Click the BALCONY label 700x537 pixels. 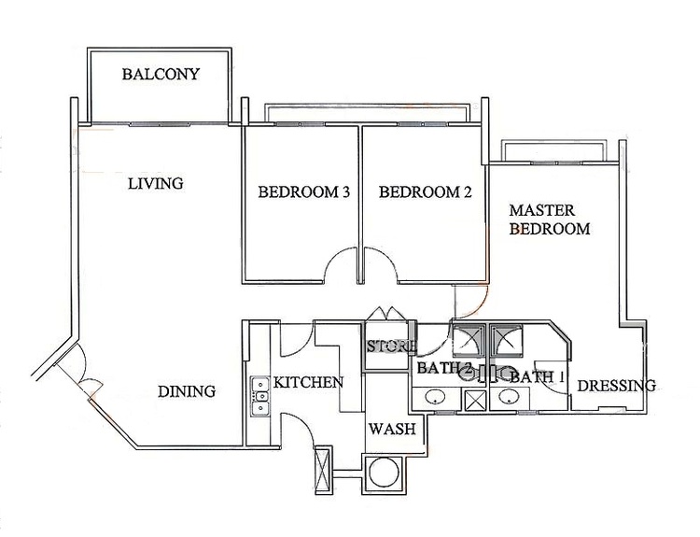(x=161, y=74)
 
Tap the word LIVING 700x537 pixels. (x=156, y=183)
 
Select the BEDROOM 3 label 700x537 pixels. (x=303, y=192)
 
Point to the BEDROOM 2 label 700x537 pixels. (x=425, y=192)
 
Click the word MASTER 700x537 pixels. (x=542, y=210)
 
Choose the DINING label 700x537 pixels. (x=187, y=391)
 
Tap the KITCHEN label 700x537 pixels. (x=308, y=382)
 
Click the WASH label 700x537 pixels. (x=392, y=429)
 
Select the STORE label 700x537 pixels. (x=392, y=346)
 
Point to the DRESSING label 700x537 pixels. (x=617, y=385)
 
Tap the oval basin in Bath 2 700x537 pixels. (x=434, y=397)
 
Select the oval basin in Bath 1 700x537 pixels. (x=509, y=396)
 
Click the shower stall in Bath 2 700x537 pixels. (x=469, y=341)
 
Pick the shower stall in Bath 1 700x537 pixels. (x=506, y=341)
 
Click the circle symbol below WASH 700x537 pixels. (x=384, y=474)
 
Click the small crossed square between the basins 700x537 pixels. (x=474, y=401)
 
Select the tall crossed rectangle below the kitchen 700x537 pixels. (x=323, y=469)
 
